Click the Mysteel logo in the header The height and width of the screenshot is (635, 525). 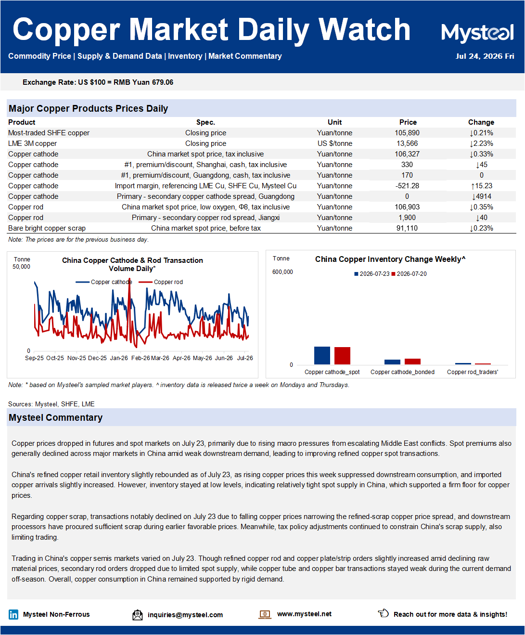477,33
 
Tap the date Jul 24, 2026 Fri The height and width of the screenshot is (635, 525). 485,56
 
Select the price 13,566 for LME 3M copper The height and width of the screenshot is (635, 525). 407,143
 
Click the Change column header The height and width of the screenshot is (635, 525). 481,122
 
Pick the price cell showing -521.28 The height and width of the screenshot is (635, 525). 407,186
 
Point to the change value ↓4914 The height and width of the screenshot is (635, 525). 481,196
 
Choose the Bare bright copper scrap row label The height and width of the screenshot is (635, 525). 47,228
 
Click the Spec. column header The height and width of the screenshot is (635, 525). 205,122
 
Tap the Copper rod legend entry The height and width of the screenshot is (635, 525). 161,282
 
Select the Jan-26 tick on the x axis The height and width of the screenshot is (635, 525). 119,358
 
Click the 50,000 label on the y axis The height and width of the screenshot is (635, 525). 21,267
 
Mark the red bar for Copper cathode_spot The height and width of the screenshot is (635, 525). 342,355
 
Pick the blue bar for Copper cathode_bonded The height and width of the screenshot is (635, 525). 392,362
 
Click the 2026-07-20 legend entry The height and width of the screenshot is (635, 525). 409,274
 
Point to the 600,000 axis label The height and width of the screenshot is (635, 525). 282,272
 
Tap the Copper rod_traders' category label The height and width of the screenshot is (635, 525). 473,372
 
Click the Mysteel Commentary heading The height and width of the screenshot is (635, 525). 56,417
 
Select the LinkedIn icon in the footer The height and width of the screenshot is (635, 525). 13,614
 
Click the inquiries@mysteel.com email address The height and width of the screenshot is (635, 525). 185,615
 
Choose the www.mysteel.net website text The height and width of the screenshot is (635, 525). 304,614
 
